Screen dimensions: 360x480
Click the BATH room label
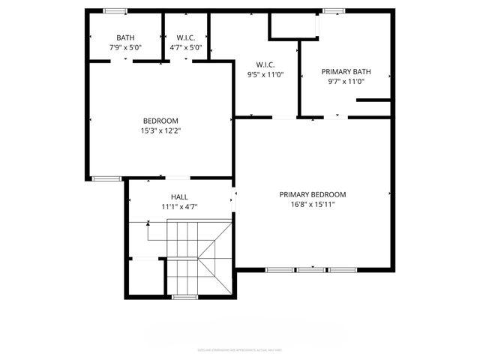(x=126, y=37)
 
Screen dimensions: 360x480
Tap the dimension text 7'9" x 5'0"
(x=126, y=47)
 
